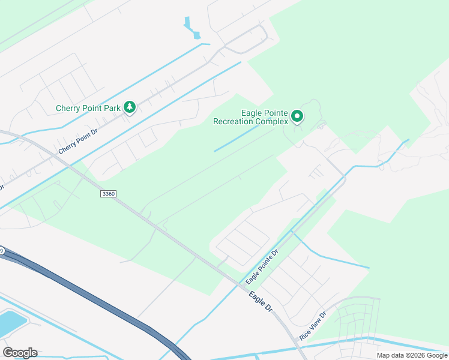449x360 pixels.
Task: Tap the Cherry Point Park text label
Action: (x=88, y=109)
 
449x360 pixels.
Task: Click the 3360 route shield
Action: (x=108, y=193)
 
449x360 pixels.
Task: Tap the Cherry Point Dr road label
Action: (x=77, y=140)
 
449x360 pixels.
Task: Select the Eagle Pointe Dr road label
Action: (x=262, y=267)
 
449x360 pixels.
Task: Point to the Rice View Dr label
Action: (x=313, y=325)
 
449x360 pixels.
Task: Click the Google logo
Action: (x=20, y=352)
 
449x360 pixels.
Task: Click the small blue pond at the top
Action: (x=191, y=29)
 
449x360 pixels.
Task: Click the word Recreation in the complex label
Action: (x=234, y=121)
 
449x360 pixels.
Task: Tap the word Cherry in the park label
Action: (x=68, y=109)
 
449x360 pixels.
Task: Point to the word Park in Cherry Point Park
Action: (x=112, y=109)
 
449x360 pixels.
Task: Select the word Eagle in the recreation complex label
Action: (x=252, y=113)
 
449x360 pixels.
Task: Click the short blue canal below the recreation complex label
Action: (x=238, y=139)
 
